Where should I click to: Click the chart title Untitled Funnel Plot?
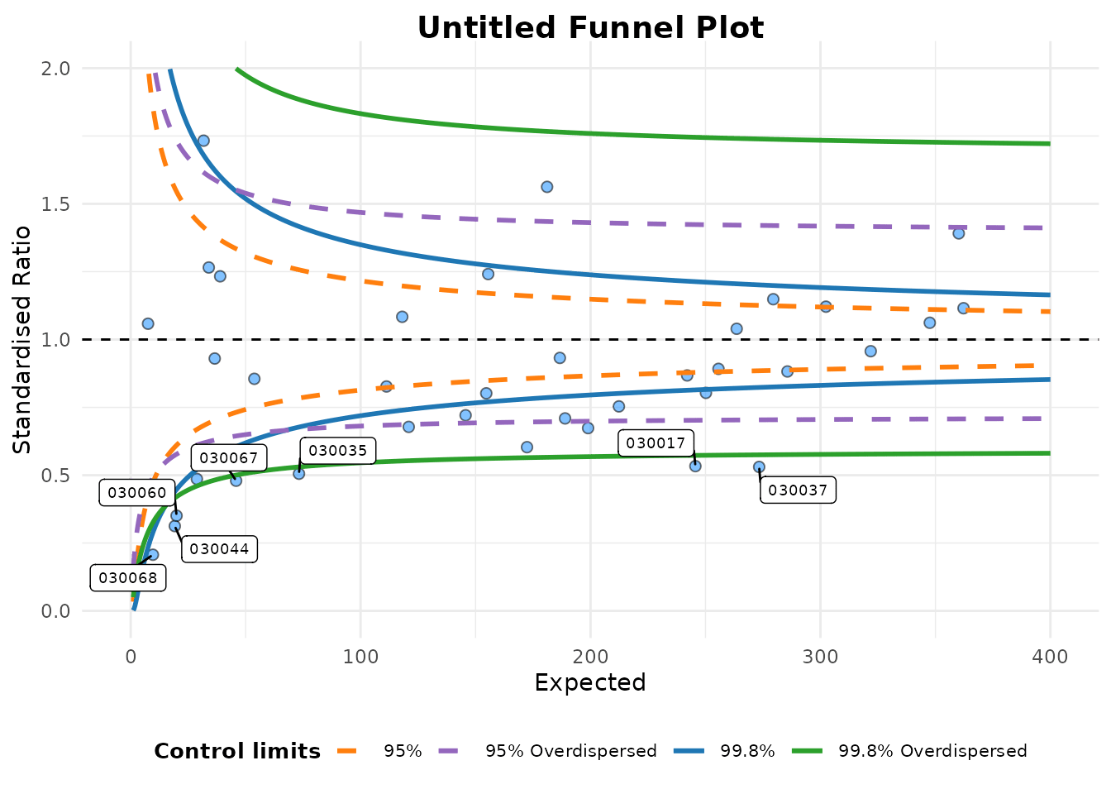(590, 28)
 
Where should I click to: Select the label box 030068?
(128, 578)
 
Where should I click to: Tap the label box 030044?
(219, 549)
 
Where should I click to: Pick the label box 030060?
(137, 494)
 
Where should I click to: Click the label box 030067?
(229, 458)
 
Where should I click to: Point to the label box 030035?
(338, 451)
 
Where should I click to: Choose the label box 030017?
(656, 443)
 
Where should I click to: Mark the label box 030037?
(798, 490)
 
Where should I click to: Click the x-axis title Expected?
(589, 682)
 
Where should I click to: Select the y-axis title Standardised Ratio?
(22, 339)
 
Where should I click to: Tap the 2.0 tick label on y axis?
(55, 69)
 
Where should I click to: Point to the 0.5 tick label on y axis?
(55, 476)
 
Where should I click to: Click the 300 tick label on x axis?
(820, 658)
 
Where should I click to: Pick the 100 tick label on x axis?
(360, 658)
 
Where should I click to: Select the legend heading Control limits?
(237, 751)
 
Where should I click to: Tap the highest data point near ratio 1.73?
(203, 141)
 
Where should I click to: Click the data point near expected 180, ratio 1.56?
(546, 187)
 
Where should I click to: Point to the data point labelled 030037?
(759, 467)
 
